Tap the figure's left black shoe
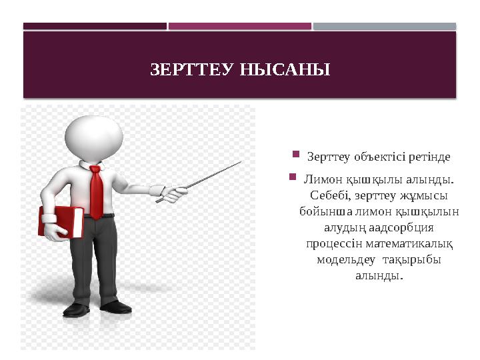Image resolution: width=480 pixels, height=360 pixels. (x=76, y=309)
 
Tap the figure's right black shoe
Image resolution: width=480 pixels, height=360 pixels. (x=116, y=306)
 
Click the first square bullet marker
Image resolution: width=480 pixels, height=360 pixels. (x=295, y=156)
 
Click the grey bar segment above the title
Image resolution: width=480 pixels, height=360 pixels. (x=385, y=26)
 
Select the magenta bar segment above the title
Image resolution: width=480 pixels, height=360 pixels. (x=240, y=26)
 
